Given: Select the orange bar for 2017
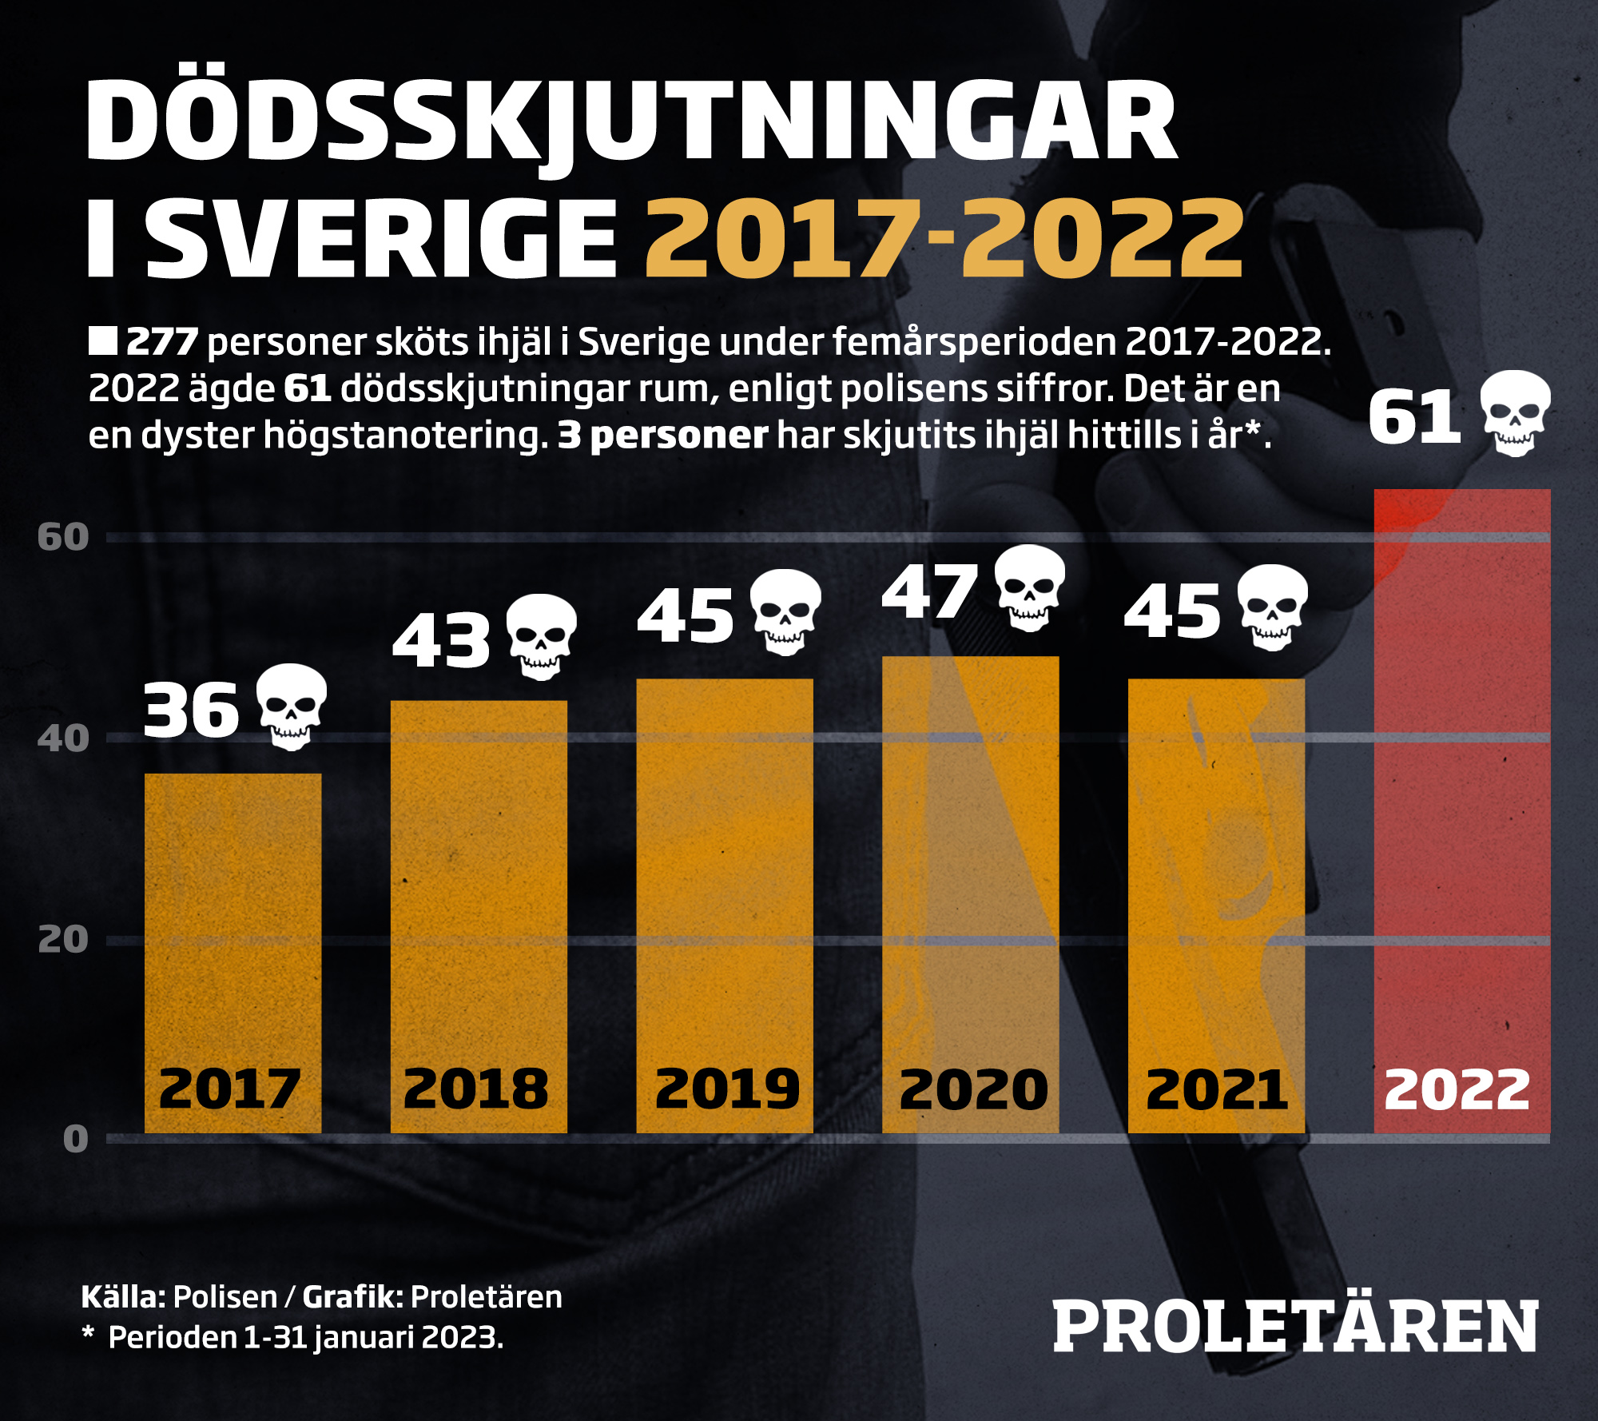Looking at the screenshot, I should [233, 951].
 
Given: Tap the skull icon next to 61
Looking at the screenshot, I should [1515, 413].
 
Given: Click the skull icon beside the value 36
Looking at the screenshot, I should [292, 707].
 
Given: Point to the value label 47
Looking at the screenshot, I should [929, 592].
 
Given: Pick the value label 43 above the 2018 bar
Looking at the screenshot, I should [441, 641].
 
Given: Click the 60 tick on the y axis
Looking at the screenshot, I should [63, 537].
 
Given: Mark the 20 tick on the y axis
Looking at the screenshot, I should [63, 940].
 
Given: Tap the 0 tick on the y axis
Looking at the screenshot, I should [75, 1139].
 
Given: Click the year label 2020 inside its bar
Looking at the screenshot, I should [972, 1090].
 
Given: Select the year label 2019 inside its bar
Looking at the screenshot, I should [726, 1090].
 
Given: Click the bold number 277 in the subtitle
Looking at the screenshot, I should [162, 342].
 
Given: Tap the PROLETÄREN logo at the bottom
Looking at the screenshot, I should [1295, 1327].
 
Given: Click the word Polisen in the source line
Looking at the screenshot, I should [225, 1297].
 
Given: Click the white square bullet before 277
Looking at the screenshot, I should [103, 340].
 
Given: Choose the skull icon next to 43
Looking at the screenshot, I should [542, 637].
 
